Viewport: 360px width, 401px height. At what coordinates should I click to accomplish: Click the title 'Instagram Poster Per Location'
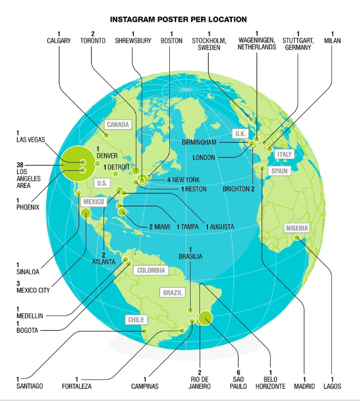(x=178, y=19)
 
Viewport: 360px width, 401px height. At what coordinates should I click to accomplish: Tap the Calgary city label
(x=59, y=41)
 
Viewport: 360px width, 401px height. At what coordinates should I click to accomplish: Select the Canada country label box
(x=118, y=125)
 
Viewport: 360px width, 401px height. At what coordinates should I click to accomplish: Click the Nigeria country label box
(x=297, y=228)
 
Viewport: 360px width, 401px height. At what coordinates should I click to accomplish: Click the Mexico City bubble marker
(x=86, y=213)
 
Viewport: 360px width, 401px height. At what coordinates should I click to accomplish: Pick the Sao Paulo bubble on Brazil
(x=205, y=319)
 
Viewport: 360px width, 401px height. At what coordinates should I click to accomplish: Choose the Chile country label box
(x=135, y=320)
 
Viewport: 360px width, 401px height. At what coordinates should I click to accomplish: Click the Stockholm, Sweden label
(x=209, y=44)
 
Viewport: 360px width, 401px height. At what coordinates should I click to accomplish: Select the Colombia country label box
(x=152, y=270)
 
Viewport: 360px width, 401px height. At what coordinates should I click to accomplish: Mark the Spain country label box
(x=280, y=171)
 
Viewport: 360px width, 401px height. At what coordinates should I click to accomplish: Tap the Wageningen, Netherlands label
(x=257, y=44)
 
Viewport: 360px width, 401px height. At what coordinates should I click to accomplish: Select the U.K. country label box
(x=240, y=133)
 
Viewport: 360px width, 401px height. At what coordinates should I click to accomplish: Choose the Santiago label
(x=30, y=386)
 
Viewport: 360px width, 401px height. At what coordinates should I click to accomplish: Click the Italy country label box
(x=284, y=154)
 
